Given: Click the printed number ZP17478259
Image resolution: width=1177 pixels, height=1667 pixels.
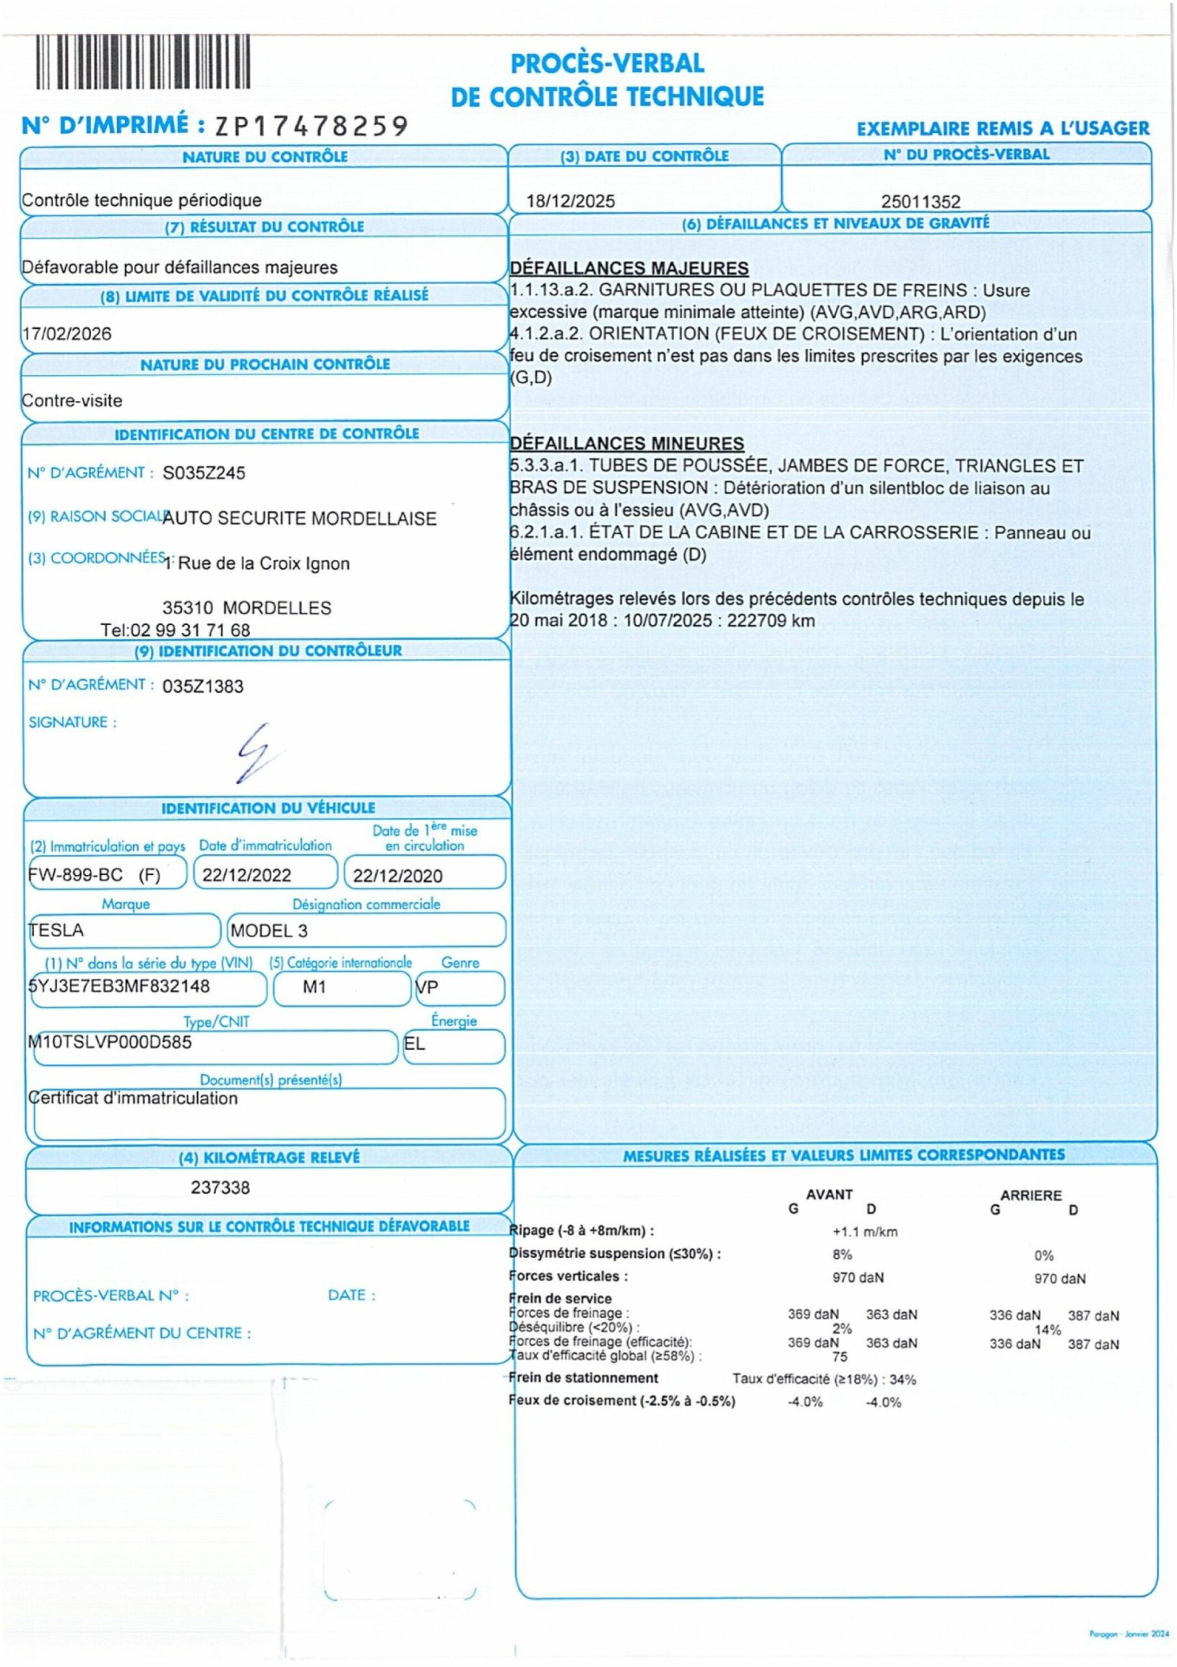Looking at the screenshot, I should click(311, 126).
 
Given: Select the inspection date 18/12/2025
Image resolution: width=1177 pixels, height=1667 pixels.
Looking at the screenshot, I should click(571, 201).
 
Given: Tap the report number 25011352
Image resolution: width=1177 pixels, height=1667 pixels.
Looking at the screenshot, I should click(920, 201).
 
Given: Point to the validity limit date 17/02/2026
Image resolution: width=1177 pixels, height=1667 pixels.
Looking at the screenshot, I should click(67, 334).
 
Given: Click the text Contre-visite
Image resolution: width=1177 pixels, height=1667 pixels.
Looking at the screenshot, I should click(72, 400).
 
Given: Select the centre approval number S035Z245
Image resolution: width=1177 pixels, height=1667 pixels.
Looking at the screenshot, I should click(204, 473).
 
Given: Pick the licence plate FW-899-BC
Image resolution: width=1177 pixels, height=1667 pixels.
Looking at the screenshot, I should click(75, 875).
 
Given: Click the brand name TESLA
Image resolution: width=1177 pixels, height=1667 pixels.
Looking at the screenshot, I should click(56, 930).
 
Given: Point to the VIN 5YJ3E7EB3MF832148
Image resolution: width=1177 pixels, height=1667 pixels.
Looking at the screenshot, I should click(119, 986).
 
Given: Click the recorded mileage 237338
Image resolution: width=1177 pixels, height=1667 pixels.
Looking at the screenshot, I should click(220, 1188).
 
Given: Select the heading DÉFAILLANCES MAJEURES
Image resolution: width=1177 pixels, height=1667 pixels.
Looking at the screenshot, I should click(629, 268).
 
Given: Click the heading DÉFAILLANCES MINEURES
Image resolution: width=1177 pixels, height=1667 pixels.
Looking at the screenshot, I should click(627, 443).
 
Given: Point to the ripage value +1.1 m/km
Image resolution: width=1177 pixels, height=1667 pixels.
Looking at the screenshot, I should click(865, 1232).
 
